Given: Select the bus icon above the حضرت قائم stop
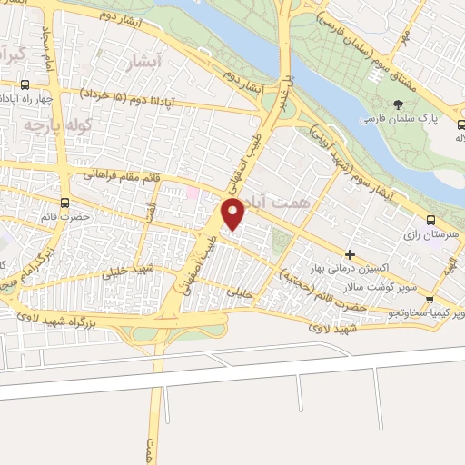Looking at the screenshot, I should pyautogui.click(x=64, y=203).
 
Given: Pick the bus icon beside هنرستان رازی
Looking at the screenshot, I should pyautogui.click(x=430, y=219).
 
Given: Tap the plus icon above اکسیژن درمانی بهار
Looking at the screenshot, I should pyautogui.click(x=350, y=253).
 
